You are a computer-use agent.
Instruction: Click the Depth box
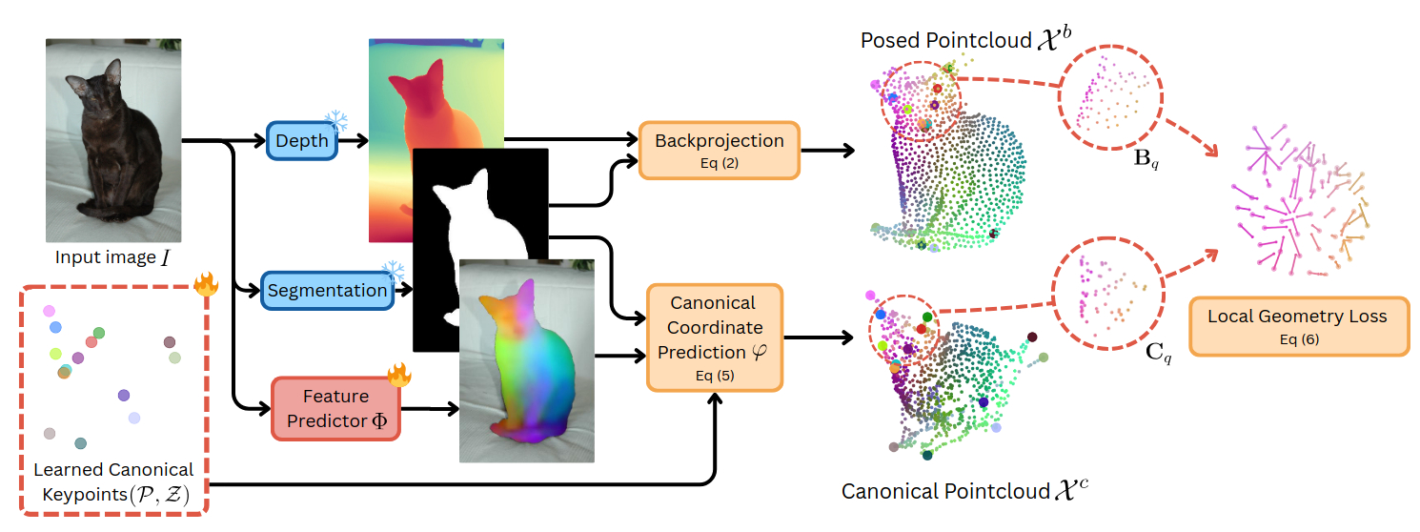click(301, 141)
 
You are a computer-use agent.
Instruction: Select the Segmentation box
click(327, 290)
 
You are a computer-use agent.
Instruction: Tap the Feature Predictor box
click(335, 408)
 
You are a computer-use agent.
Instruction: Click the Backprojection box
click(719, 150)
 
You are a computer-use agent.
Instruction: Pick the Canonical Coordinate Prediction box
click(714, 338)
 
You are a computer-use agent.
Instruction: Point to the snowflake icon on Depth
click(336, 122)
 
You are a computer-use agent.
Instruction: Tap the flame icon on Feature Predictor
click(398, 375)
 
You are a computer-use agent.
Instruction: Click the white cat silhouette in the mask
click(477, 238)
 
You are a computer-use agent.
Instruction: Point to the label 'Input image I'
click(112, 257)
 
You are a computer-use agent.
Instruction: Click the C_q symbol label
click(1159, 355)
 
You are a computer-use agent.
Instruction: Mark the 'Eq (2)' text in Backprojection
click(719, 163)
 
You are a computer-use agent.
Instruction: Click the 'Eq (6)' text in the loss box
click(1298, 339)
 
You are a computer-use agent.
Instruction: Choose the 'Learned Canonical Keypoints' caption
click(113, 481)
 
